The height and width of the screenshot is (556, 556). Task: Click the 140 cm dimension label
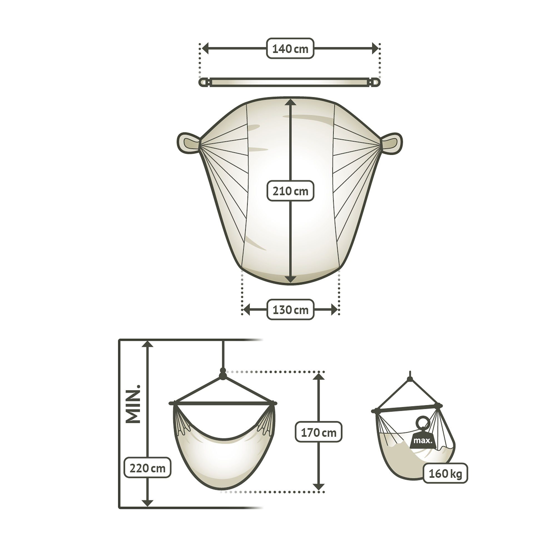pyautogui.click(x=290, y=48)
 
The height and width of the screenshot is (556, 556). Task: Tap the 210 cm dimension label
pyautogui.click(x=290, y=190)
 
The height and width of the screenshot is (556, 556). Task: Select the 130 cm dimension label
pyautogui.click(x=290, y=310)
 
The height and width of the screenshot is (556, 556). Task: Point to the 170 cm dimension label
pyautogui.click(x=319, y=432)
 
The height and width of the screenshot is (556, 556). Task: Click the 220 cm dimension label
pyautogui.click(x=147, y=468)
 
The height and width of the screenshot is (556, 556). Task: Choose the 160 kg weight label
pyautogui.click(x=445, y=473)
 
